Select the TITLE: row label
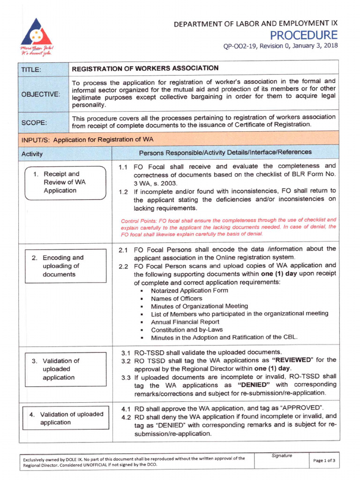click(x=31, y=70)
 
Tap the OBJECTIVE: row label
click(x=40, y=94)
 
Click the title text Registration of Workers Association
click(x=145, y=68)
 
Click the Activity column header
click(x=32, y=154)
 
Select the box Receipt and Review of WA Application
click(x=65, y=183)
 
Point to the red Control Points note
click(x=228, y=227)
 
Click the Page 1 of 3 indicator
click(x=324, y=460)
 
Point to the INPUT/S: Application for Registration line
click(x=87, y=139)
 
